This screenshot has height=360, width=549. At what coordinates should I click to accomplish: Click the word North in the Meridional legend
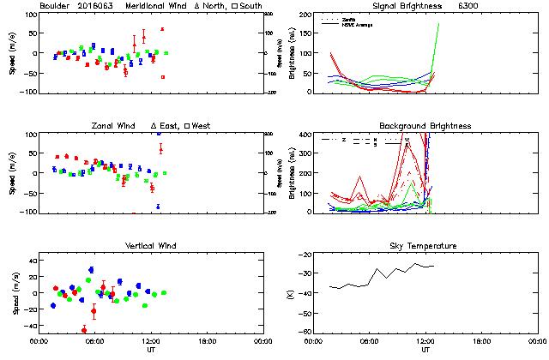pyautogui.click(x=210, y=7)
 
